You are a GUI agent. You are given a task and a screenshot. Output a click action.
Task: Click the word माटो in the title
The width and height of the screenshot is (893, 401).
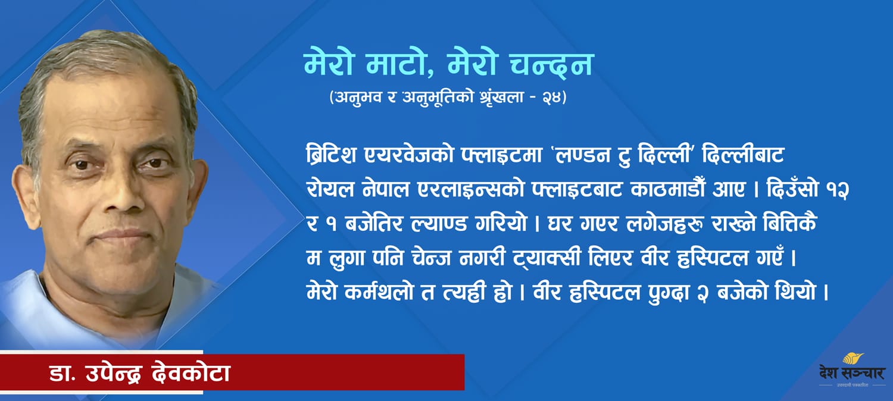399,64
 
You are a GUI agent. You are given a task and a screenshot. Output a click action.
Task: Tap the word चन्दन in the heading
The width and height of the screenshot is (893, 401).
552,64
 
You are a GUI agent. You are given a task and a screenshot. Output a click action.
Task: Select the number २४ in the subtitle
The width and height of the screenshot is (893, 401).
551,97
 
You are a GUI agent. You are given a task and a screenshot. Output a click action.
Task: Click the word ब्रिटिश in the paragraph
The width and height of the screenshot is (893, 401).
331,155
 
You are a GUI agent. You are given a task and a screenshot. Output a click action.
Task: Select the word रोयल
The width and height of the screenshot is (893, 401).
330,189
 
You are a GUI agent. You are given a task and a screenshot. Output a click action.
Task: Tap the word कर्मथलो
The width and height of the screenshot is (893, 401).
379,292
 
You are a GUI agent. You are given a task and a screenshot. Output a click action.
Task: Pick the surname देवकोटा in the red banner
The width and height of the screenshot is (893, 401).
191,372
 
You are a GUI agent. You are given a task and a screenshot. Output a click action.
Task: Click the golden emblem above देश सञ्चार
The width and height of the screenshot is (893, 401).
853,359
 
